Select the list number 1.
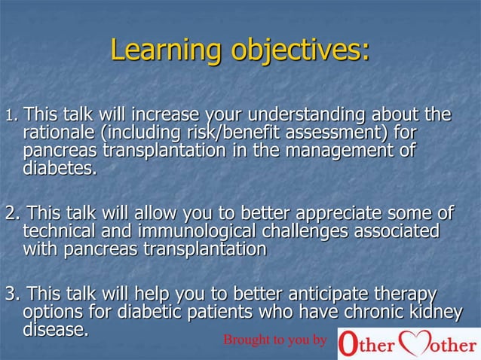click(x=10, y=117)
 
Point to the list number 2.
click(x=11, y=214)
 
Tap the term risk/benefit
click(x=219, y=134)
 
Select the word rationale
click(x=57, y=134)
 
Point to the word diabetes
click(x=58, y=169)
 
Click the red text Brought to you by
click(x=275, y=340)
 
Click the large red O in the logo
click(x=348, y=343)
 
